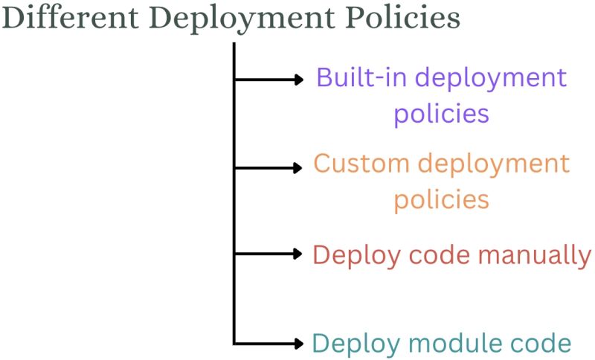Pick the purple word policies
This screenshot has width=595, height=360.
pyautogui.click(x=441, y=114)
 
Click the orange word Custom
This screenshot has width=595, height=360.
pyautogui.click(x=362, y=164)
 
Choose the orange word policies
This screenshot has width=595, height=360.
pyautogui.click(x=441, y=199)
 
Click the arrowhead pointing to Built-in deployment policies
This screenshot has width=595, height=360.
pyautogui.click(x=299, y=78)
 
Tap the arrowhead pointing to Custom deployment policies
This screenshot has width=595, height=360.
pyautogui.click(x=299, y=167)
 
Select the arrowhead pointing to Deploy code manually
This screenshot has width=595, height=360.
pyautogui.click(x=299, y=254)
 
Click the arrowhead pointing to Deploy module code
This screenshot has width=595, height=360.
pyautogui.click(x=299, y=343)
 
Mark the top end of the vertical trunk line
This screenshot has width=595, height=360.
pyautogui.click(x=234, y=44)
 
